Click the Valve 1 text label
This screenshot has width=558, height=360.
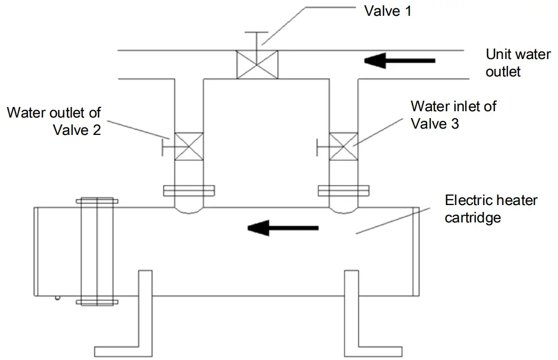[x=388, y=11]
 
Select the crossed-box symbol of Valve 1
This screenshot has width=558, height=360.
[x=257, y=65]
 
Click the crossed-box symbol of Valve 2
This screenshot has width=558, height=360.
[x=188, y=146]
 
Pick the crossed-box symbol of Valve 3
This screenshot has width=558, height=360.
[x=343, y=146]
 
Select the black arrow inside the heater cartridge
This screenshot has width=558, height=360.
[x=283, y=228]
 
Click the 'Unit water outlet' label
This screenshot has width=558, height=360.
[x=518, y=63]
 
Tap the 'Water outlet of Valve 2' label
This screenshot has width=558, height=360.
[x=54, y=121]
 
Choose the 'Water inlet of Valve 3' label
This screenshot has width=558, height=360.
[x=453, y=114]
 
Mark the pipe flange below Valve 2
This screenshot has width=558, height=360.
[x=189, y=191]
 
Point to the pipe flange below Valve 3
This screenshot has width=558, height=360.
[x=343, y=191]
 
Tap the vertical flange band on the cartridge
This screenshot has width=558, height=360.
[x=97, y=251]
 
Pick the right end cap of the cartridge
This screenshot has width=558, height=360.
[x=416, y=251]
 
